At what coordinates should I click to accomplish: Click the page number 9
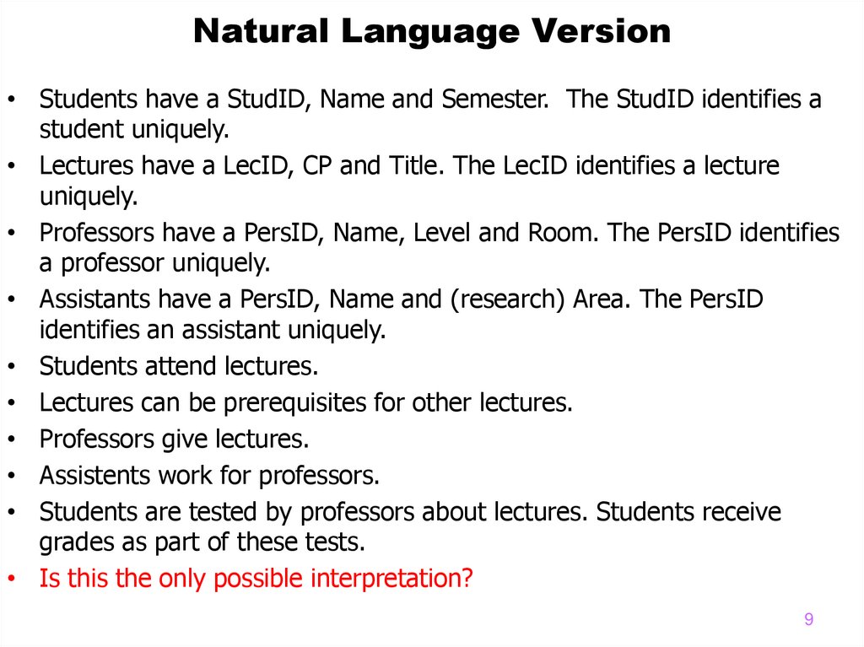[x=808, y=620]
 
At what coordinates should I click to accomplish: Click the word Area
[x=599, y=299]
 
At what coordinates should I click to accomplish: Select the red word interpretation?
[x=392, y=580]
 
